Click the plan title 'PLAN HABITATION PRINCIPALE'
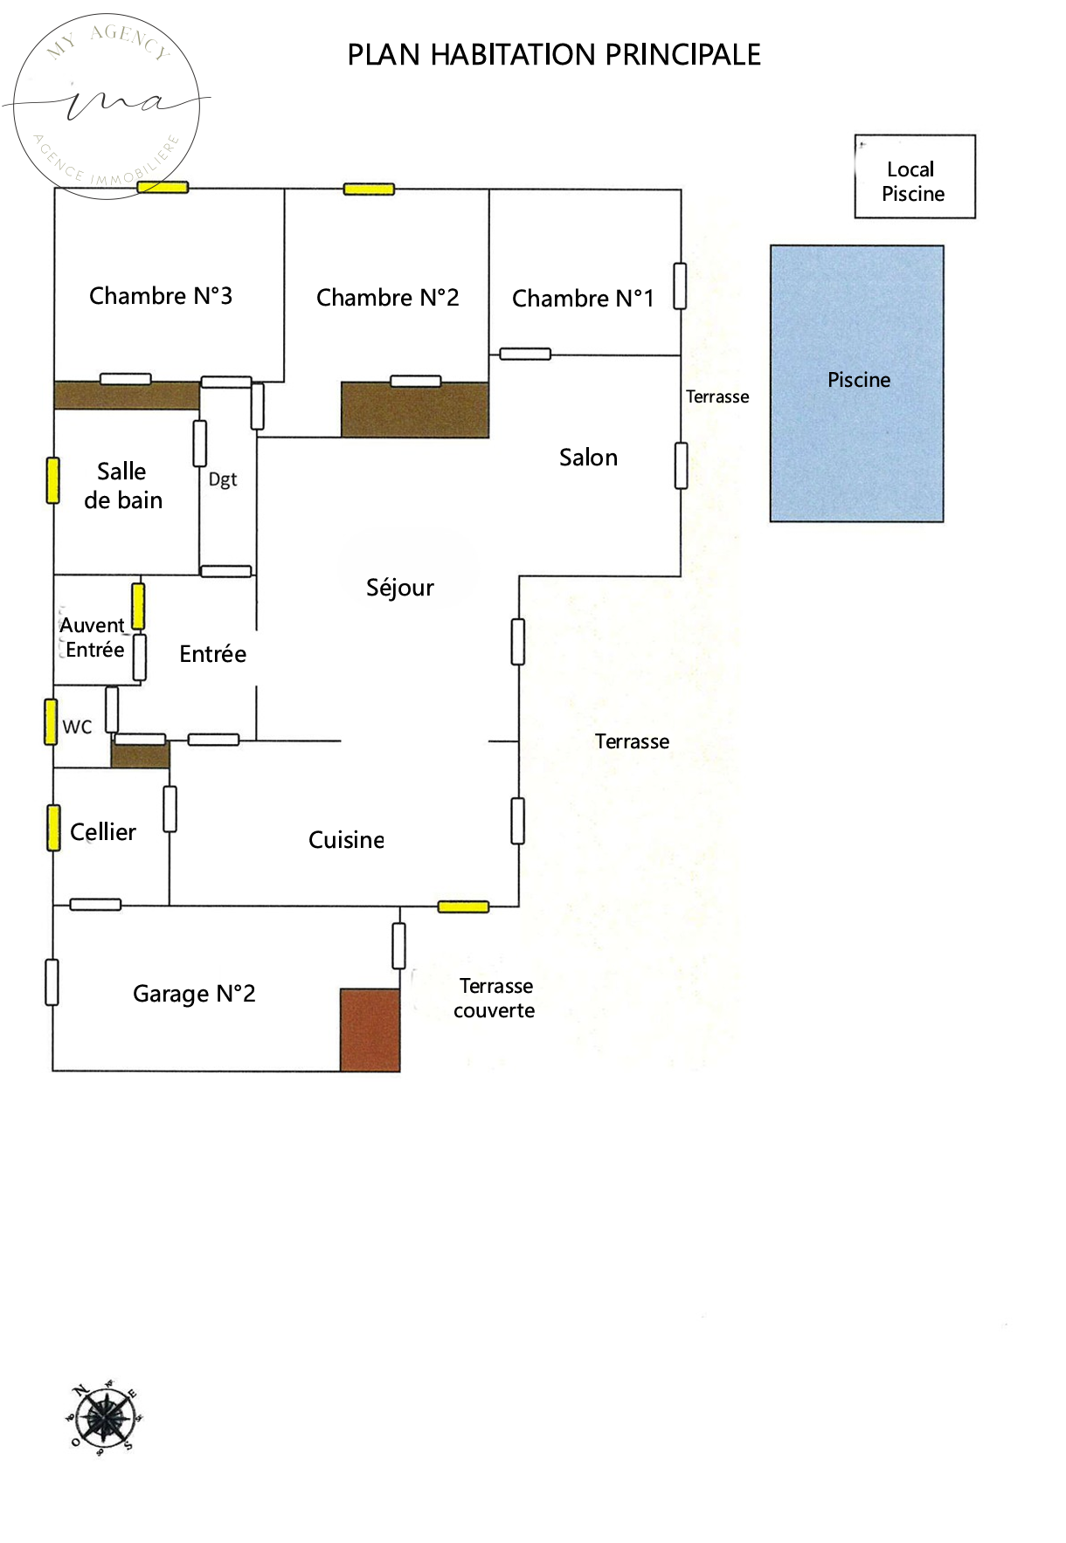coord(554,55)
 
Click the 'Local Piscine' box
coord(914,177)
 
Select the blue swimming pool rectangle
coord(856,384)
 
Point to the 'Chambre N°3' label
coord(161,296)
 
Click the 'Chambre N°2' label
coord(387,298)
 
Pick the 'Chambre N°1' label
coord(582,299)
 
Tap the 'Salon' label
coord(588,458)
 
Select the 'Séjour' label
coord(399,588)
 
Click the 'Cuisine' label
coord(346,840)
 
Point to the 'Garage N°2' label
coord(194,994)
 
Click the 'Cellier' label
coord(103,832)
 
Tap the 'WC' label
coord(77,727)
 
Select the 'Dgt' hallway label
coord(223,479)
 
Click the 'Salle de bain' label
coord(123,486)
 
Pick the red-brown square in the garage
coord(370,1030)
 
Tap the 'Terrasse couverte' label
coord(495,998)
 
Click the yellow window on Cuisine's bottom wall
coord(463,907)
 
